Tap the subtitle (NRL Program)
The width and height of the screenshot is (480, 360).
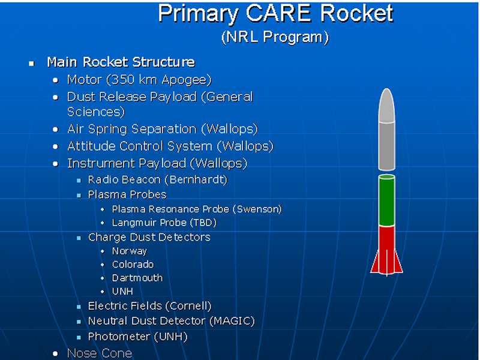click(x=275, y=37)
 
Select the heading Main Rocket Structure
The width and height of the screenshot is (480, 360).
click(x=121, y=62)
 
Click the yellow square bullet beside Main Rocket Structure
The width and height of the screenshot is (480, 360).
click(x=32, y=64)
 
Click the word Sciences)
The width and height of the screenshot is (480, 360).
click(x=96, y=112)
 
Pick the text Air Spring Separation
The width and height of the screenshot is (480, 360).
click(x=131, y=129)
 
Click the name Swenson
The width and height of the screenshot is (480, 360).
click(x=259, y=209)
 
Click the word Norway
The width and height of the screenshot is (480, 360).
click(x=130, y=251)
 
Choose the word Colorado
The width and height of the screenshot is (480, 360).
click(x=133, y=265)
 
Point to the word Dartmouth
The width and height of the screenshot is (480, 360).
click(x=137, y=278)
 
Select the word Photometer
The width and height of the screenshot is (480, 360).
click(x=119, y=337)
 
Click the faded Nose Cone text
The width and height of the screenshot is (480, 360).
click(x=100, y=353)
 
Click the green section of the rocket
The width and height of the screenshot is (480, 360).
click(x=386, y=200)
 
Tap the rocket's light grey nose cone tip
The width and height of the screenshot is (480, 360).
click(x=386, y=91)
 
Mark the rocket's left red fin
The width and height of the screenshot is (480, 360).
click(x=376, y=263)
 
